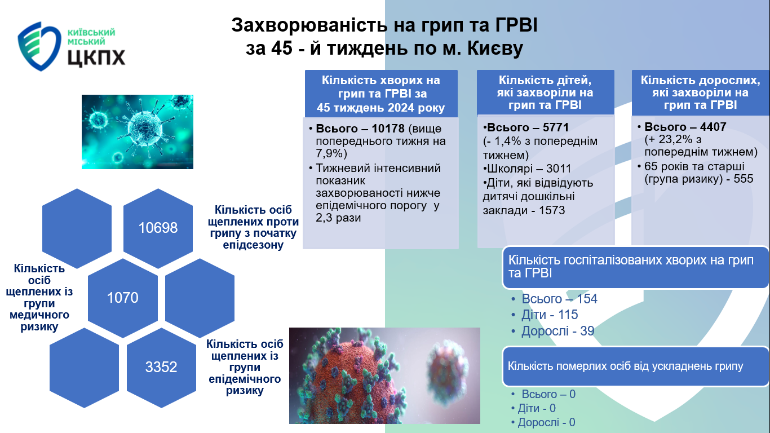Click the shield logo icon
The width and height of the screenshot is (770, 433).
(39, 46)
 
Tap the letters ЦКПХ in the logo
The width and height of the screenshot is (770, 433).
(96, 57)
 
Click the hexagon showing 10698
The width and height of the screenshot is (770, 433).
(158, 228)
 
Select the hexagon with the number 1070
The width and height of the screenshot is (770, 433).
(123, 298)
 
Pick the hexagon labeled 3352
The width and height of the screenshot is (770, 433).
(161, 367)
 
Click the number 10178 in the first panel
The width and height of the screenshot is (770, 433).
(388, 129)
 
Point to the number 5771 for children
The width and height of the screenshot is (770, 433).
(555, 127)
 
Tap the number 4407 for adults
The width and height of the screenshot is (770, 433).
(713, 127)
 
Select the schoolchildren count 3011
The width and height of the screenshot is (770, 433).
(559, 169)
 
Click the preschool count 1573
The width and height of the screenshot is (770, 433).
(552, 210)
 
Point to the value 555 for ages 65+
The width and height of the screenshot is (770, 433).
(744, 179)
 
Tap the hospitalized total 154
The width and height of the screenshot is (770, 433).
(587, 299)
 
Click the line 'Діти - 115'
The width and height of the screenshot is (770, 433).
(550, 315)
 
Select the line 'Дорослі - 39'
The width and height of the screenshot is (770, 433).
(557, 331)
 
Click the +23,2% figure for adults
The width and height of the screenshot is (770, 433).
(668, 139)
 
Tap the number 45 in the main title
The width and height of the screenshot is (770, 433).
(282, 48)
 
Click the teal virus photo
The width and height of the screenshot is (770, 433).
(138, 132)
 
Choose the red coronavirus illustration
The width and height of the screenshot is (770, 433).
(384, 375)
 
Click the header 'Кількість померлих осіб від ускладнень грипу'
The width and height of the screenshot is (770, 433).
(625, 366)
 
